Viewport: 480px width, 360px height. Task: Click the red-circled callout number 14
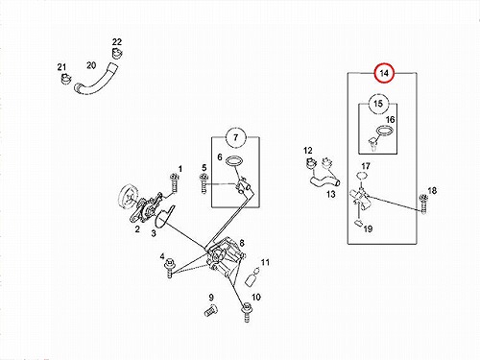(384, 73)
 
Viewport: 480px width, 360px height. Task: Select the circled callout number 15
(378, 104)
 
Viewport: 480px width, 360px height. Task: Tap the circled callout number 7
(236, 137)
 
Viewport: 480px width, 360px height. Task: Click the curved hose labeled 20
(96, 82)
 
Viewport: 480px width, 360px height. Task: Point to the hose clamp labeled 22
(117, 53)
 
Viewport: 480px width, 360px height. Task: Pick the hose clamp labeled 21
(65, 79)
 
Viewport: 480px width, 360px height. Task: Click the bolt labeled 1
(174, 183)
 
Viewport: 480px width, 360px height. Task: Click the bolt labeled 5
(204, 183)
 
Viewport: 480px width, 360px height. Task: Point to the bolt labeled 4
(169, 268)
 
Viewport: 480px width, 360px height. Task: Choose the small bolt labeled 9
(210, 310)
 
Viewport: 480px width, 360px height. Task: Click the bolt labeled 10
(247, 313)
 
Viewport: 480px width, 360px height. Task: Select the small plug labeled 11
(252, 277)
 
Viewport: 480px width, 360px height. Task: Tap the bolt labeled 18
(423, 204)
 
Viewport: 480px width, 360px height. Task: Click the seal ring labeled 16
(384, 131)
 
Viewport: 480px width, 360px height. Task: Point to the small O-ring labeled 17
(362, 176)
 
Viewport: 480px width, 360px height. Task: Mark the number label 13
(331, 194)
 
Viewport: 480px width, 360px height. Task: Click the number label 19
(368, 228)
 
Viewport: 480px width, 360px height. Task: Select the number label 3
(154, 233)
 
